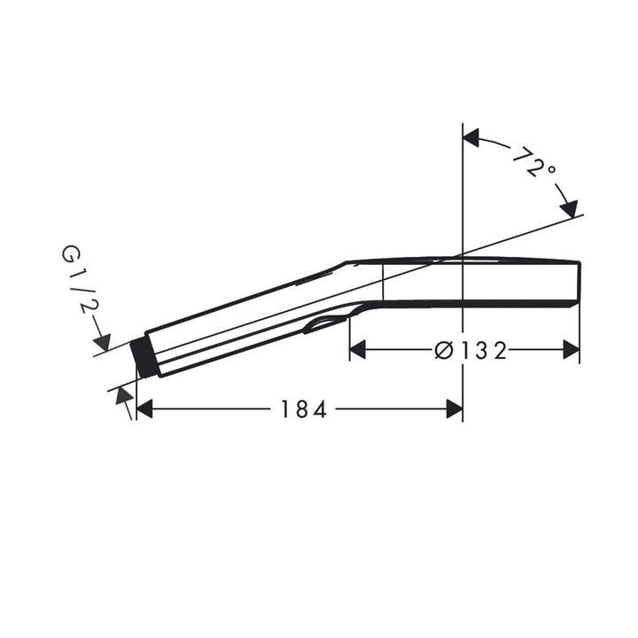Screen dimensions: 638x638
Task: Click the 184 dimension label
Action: (x=304, y=408)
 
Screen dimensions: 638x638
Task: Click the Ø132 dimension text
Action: (x=471, y=350)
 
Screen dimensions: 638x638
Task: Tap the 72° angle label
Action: (x=533, y=162)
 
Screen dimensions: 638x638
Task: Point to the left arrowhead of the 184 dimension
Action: (x=144, y=408)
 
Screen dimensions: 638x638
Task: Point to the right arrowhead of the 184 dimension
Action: (x=455, y=408)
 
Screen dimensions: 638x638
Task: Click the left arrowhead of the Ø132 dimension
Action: (x=358, y=350)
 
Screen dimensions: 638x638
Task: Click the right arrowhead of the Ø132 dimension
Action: (x=571, y=350)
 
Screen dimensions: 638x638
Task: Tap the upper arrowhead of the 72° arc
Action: (x=471, y=138)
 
